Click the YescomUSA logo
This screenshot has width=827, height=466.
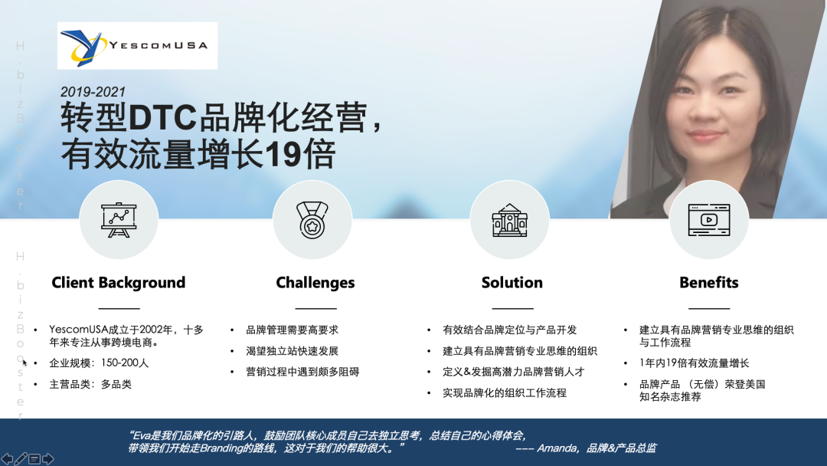[x=137, y=46]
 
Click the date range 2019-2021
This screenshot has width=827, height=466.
[x=93, y=91]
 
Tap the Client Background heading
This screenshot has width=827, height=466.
[x=119, y=283]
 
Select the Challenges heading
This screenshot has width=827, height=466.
[x=315, y=283]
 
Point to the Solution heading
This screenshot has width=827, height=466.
[x=512, y=283]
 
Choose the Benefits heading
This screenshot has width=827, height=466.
[x=708, y=283]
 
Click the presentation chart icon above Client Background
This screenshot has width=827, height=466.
[x=119, y=220]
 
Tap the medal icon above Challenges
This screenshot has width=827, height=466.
[x=312, y=220]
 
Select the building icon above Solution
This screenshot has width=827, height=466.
[x=509, y=220]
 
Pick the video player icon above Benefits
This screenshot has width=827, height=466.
[x=708, y=220]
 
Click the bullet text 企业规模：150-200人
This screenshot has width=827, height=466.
[x=99, y=363]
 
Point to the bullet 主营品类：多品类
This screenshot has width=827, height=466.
[x=90, y=384]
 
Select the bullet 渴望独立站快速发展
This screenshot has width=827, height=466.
[x=292, y=351]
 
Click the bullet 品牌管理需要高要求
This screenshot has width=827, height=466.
[x=292, y=330]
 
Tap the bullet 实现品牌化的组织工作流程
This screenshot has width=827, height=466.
[x=504, y=393]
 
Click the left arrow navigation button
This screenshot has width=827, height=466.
[x=8, y=459]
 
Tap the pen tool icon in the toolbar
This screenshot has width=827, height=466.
[x=21, y=459]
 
